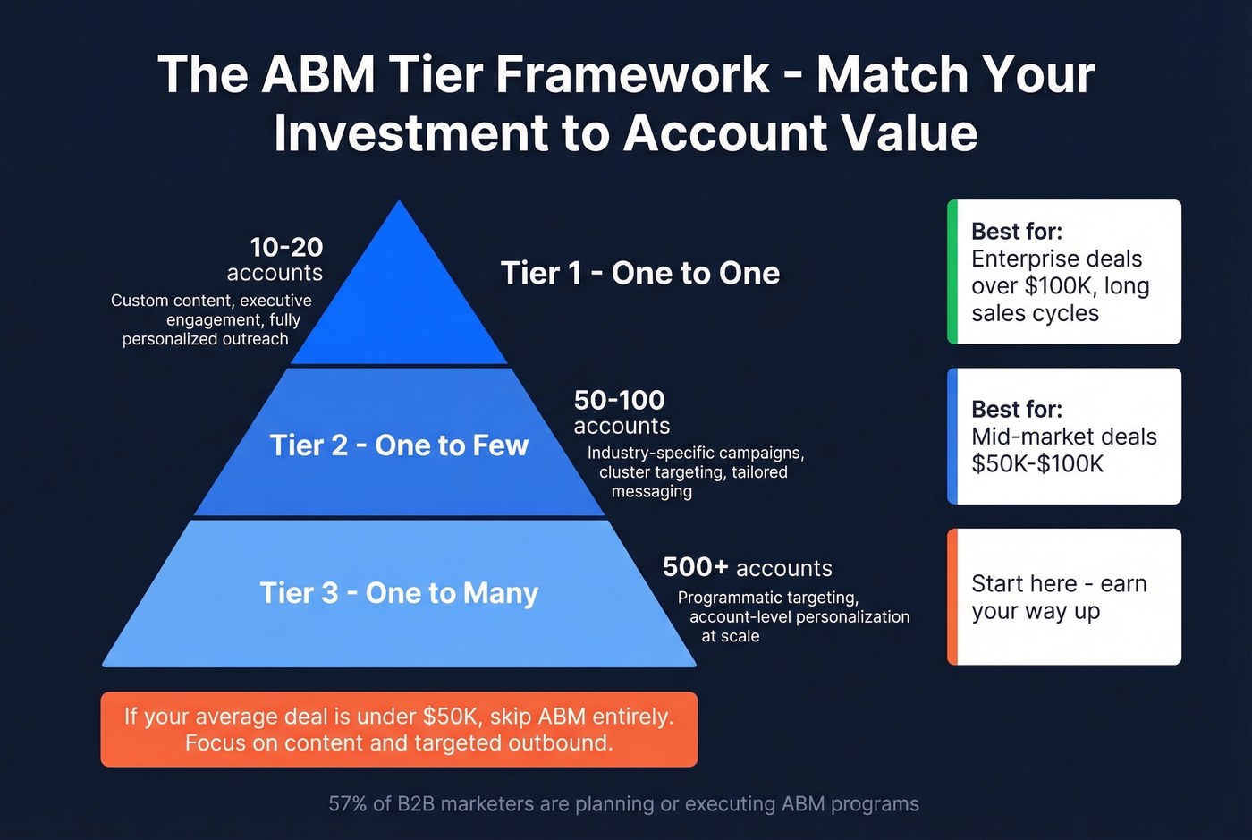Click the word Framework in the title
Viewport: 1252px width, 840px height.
coord(632,74)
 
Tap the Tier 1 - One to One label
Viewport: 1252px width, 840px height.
coord(639,274)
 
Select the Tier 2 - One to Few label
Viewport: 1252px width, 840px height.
coord(399,445)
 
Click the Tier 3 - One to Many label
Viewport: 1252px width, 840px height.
coord(399,593)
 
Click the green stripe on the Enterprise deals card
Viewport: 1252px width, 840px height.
coord(952,272)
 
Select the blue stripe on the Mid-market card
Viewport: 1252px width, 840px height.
coord(952,437)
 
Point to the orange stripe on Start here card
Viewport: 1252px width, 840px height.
coord(952,597)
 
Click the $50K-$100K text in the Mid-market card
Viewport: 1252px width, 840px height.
coord(1037,464)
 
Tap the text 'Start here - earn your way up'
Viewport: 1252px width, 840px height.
coord(1059,598)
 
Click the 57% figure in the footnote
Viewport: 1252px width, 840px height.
coord(347,804)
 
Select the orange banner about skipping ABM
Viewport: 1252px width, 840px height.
coord(399,729)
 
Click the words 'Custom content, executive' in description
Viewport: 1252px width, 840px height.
coord(211,301)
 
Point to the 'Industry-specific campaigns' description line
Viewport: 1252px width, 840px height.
coord(695,453)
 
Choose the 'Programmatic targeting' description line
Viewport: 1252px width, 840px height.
coord(767,598)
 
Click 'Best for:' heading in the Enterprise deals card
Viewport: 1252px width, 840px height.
coord(1017,232)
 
